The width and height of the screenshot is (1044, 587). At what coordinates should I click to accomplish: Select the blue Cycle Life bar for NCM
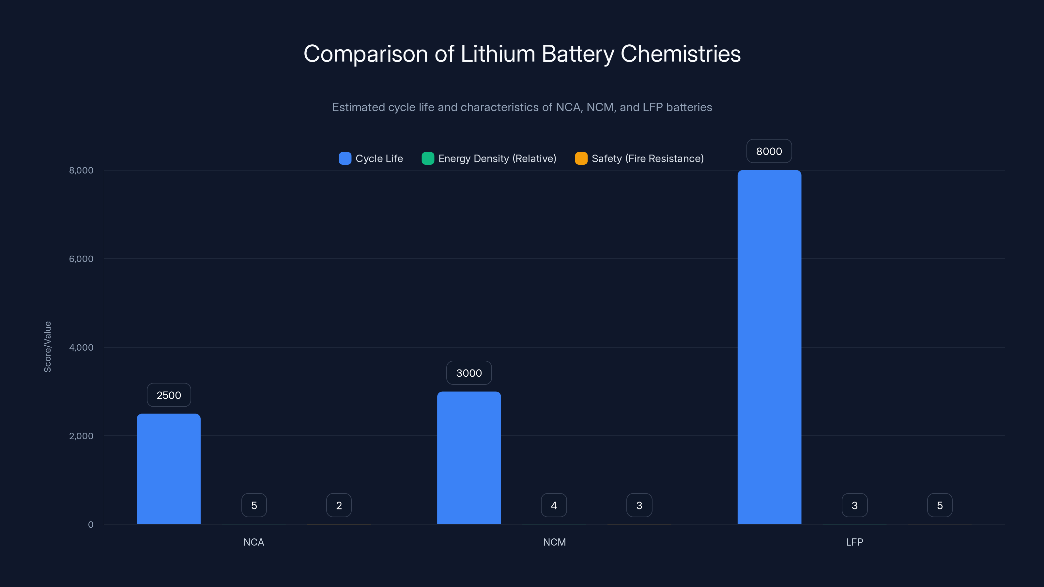tap(469, 458)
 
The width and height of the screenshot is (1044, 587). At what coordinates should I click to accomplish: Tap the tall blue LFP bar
tap(769, 347)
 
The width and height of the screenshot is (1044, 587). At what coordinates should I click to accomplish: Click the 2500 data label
tap(169, 395)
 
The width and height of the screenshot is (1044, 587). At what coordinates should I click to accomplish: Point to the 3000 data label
tap(469, 373)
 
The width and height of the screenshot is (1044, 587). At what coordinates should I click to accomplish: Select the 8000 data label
tap(769, 151)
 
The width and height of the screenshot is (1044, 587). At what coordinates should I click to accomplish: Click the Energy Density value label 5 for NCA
tap(254, 505)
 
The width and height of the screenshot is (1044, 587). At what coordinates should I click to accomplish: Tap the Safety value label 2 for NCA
tap(339, 505)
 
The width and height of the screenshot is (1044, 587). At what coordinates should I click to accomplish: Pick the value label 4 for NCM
tap(554, 505)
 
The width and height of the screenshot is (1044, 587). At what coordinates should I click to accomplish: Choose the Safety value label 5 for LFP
tap(940, 505)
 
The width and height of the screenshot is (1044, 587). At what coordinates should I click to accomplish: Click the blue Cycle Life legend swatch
tap(345, 158)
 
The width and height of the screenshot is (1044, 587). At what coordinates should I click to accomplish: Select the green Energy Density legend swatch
tap(428, 158)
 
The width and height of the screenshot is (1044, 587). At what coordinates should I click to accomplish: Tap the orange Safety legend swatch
tap(581, 158)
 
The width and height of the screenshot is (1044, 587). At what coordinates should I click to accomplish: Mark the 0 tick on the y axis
tap(91, 525)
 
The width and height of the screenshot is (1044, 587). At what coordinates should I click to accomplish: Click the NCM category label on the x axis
tap(554, 542)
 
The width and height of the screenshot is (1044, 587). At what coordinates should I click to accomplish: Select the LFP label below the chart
tap(854, 542)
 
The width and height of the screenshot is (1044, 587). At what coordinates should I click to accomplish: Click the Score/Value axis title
tap(47, 347)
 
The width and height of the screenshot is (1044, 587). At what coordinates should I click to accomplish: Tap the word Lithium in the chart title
tap(498, 54)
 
